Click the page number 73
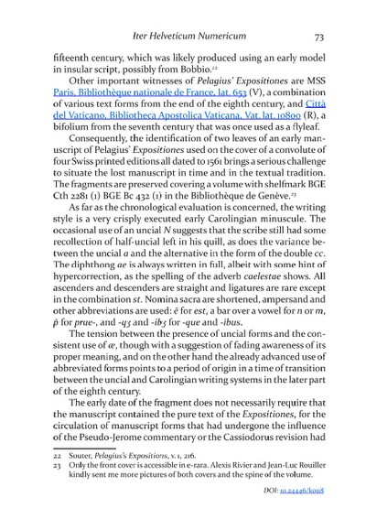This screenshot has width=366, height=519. (x=318, y=37)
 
